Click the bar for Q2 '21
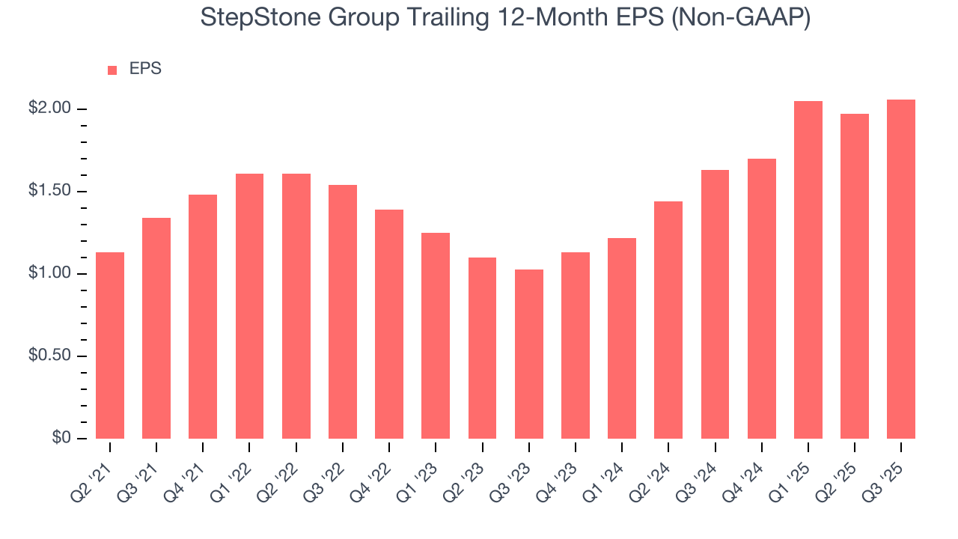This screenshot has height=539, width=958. (x=110, y=345)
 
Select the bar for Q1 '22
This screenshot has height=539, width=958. (x=249, y=306)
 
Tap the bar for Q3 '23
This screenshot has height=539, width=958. (x=529, y=354)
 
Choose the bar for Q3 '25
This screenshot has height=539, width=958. (x=901, y=269)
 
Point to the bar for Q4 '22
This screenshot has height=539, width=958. (x=389, y=324)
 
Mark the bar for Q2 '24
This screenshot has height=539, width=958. (x=668, y=320)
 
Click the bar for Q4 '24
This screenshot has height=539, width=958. (x=762, y=299)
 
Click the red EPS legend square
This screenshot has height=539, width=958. (x=112, y=70)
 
